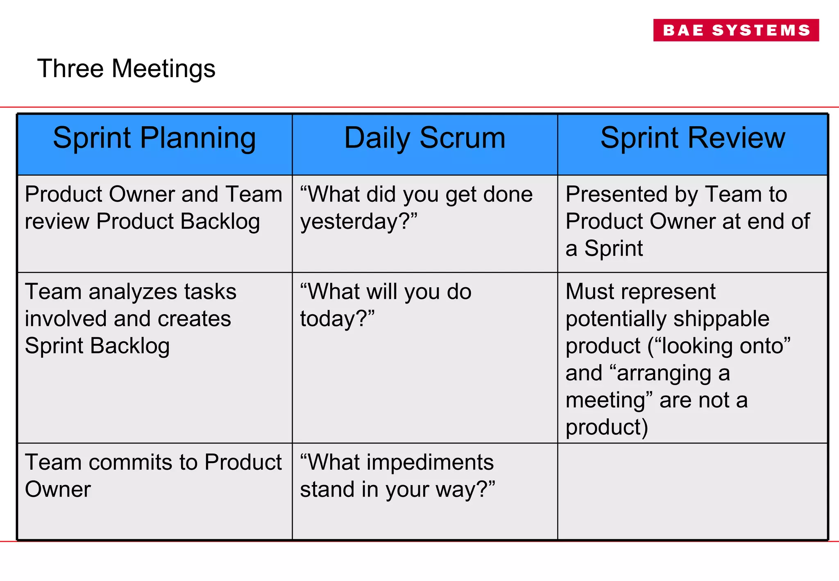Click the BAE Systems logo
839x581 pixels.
[x=736, y=30]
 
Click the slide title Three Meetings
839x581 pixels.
[x=126, y=68]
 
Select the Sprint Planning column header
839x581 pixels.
[x=154, y=138]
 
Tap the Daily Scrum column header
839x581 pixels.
[x=425, y=138]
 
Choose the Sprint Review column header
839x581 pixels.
[x=692, y=138]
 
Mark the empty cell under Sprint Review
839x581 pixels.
[x=692, y=491]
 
